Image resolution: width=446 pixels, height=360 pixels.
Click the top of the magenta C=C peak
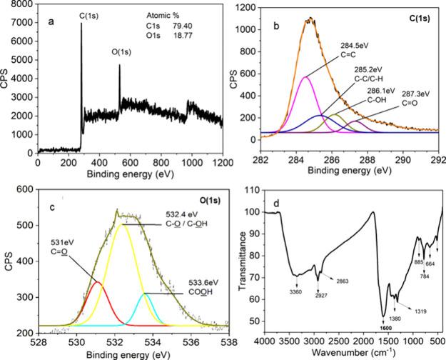(x=305, y=76)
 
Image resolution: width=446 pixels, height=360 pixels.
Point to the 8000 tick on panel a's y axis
(x=25, y=4)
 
